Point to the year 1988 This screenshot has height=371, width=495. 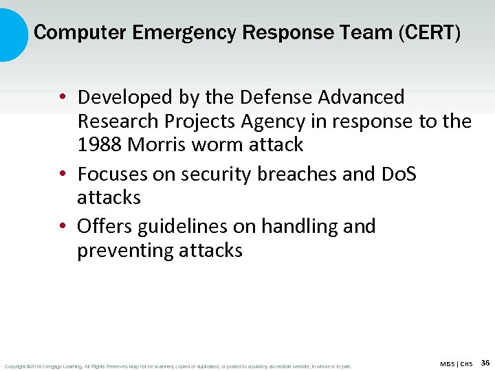[x=100, y=145]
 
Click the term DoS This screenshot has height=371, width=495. [x=398, y=175]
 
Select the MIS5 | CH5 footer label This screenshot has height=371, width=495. [x=456, y=363]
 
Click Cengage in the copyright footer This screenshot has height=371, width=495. [x=56, y=366]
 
